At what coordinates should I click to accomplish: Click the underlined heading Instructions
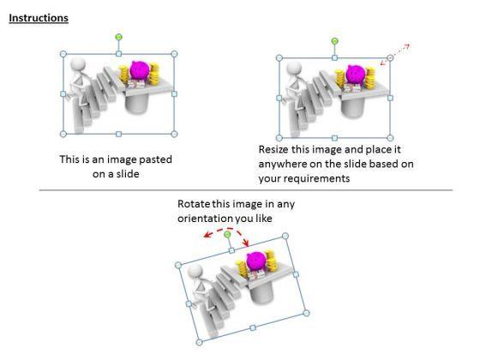[x=39, y=18]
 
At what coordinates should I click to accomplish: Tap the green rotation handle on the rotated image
[x=227, y=235]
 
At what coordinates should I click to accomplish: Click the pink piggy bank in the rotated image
[x=256, y=261]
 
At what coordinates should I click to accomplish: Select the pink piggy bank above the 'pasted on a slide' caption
[x=140, y=70]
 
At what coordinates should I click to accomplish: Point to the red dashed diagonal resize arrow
[x=395, y=55]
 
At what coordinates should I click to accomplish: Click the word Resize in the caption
[x=273, y=149]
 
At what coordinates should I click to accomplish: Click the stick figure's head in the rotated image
[x=195, y=272]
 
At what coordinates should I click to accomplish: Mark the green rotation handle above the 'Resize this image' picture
[x=334, y=41]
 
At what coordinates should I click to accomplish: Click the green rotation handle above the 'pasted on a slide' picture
[x=119, y=38]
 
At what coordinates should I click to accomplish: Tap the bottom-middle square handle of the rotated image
[x=253, y=327]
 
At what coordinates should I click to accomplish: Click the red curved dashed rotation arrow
[x=227, y=229]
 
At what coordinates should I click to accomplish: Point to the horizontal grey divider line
[x=246, y=190]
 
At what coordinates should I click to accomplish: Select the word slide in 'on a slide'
[x=128, y=174]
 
